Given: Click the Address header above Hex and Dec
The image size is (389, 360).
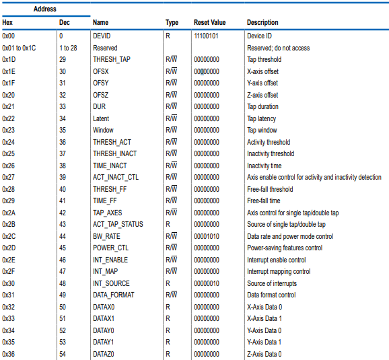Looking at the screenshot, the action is pyautogui.click(x=45, y=9).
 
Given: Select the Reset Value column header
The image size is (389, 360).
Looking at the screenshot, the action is pyautogui.click(x=209, y=23).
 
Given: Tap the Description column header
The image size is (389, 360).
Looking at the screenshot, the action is pyautogui.click(x=262, y=23).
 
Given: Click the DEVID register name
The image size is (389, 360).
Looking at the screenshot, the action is pyautogui.click(x=102, y=36).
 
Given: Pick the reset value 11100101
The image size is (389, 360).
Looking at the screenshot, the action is pyautogui.click(x=206, y=36).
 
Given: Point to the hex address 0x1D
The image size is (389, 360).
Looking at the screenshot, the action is pyautogui.click(x=9, y=59).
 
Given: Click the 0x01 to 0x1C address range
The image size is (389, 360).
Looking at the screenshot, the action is pyautogui.click(x=19, y=48).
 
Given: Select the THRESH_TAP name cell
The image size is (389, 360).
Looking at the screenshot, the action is pyautogui.click(x=112, y=59).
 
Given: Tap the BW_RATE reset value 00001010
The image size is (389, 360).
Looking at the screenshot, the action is pyautogui.click(x=207, y=236).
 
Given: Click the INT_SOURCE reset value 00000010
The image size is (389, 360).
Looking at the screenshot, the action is pyautogui.click(x=207, y=283).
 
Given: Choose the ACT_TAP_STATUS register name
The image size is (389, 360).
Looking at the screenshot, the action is pyautogui.click(x=118, y=225).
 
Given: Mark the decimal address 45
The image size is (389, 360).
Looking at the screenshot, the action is pyautogui.click(x=63, y=248).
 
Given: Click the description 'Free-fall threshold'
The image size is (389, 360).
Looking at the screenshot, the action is pyautogui.click(x=270, y=189).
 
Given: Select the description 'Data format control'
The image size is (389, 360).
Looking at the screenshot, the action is pyautogui.click(x=271, y=295).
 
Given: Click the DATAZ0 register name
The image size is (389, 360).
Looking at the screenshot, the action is pyautogui.click(x=104, y=354).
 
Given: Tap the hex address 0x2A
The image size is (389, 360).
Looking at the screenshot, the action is pyautogui.click(x=9, y=213).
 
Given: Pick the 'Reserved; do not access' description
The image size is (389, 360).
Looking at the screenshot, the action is pyautogui.click(x=279, y=48).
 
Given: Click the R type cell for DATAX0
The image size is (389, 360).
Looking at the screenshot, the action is pyautogui.click(x=168, y=307).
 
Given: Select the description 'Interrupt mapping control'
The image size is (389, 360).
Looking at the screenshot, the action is pyautogui.click(x=279, y=272).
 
